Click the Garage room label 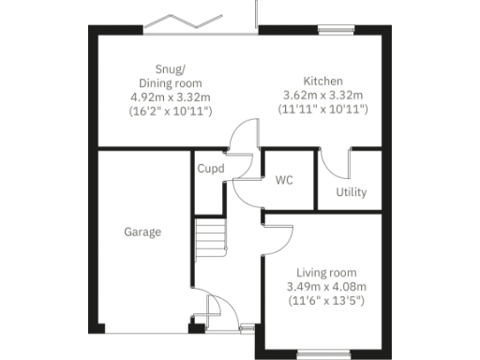point(142,232)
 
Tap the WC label point(285,181)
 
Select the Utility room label point(351,192)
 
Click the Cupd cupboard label point(210,170)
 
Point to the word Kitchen point(322,81)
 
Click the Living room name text point(325,272)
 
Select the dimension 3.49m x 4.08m point(325,286)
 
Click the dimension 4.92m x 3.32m point(170,96)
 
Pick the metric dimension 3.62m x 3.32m point(324,96)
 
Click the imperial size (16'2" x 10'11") point(170,111)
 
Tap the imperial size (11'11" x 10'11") point(324,110)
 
